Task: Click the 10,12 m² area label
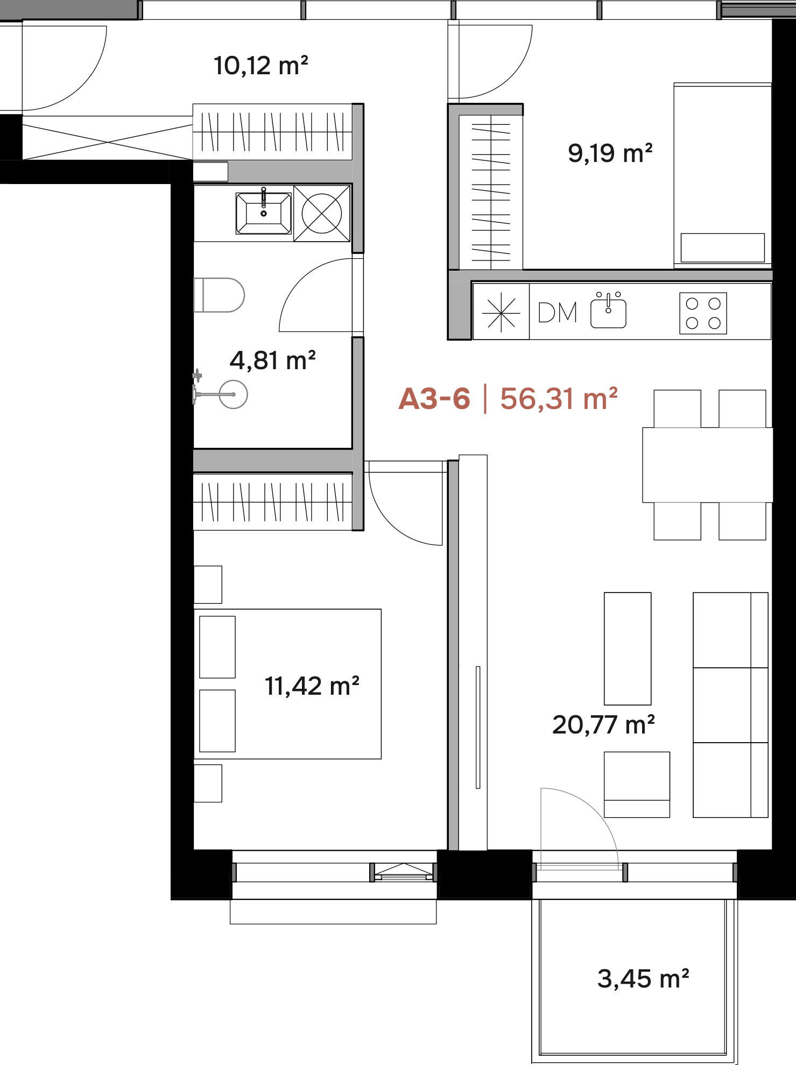[261, 66]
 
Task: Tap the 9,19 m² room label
[610, 153]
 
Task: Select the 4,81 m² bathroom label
[273, 361]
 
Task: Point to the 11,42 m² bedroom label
[312, 686]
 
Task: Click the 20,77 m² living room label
[604, 725]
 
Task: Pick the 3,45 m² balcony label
[643, 979]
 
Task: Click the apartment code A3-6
[434, 399]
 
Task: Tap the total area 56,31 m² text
[559, 399]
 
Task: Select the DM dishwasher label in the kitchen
[558, 313]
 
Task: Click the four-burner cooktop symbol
[703, 313]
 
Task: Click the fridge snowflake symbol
[501, 312]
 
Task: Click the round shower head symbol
[234, 394]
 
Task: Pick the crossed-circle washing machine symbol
[322, 213]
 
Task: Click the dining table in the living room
[708, 465]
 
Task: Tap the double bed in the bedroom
[287, 684]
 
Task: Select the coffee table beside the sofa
[628, 648]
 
